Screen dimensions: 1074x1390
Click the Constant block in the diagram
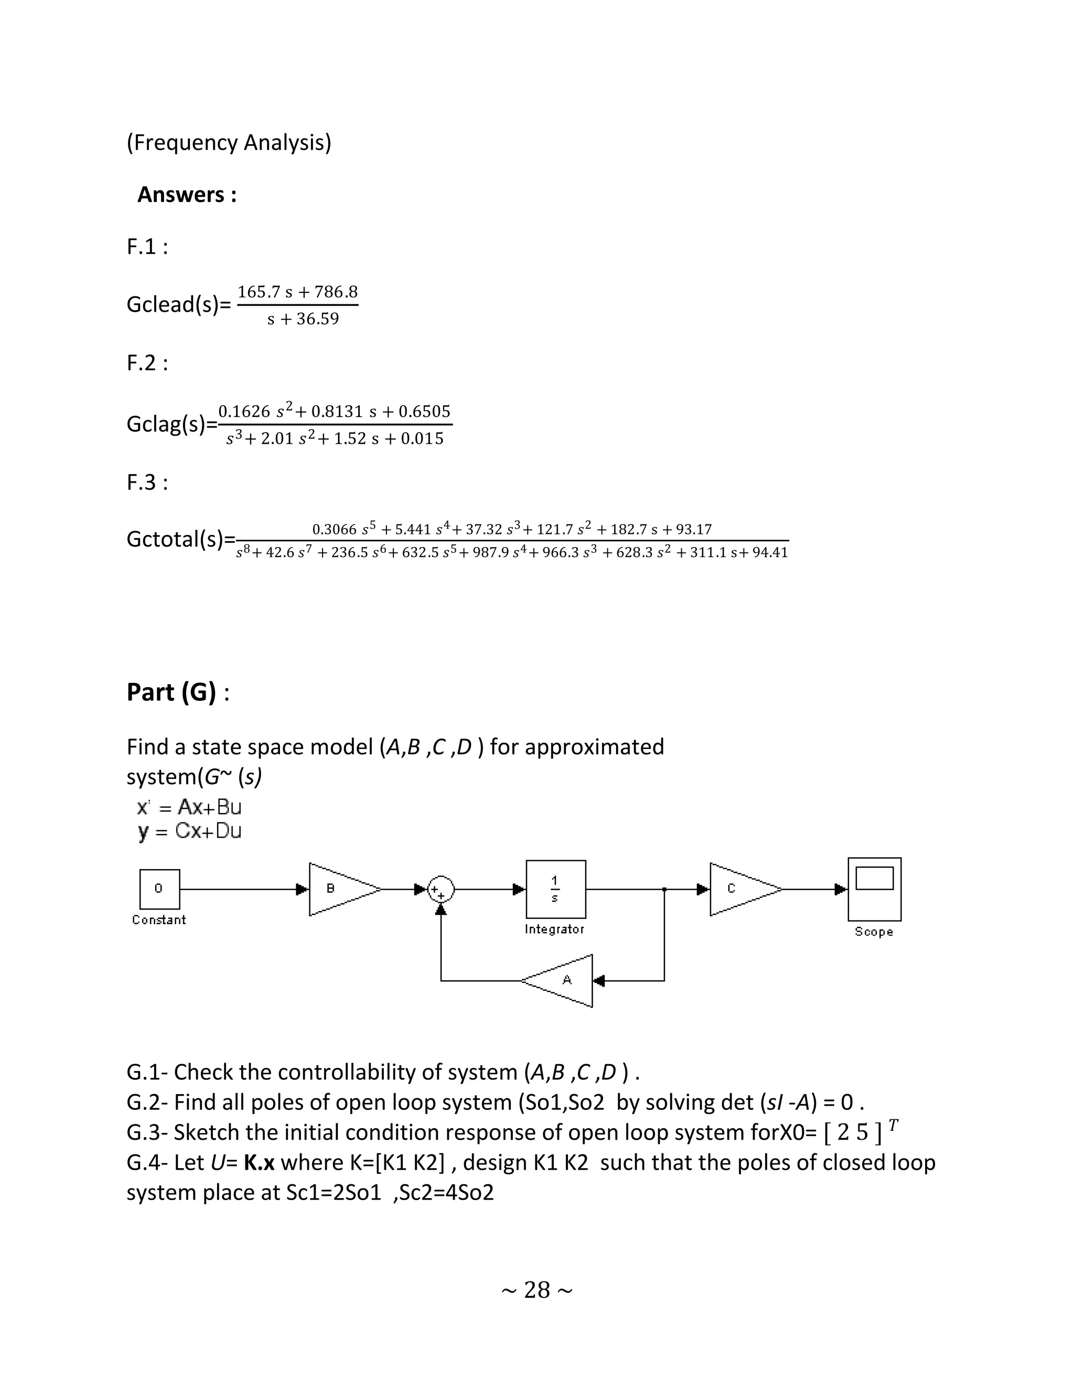click(x=159, y=889)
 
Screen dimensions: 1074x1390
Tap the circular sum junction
click(x=441, y=889)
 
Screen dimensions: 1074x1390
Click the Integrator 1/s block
click(x=555, y=889)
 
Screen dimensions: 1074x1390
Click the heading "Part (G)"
click(x=171, y=692)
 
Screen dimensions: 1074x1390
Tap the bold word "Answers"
click(x=181, y=195)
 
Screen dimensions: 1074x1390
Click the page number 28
click(x=537, y=1290)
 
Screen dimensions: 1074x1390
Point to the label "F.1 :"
click(x=147, y=247)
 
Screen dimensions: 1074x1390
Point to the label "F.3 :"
click(x=147, y=483)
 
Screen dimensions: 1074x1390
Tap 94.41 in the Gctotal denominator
click(x=770, y=552)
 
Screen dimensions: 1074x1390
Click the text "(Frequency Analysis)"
click(x=229, y=143)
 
